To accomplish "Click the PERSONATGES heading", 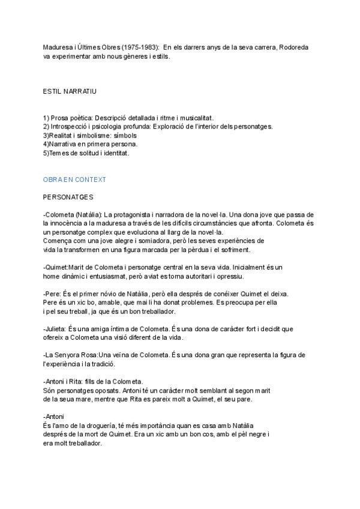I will tap(68, 197).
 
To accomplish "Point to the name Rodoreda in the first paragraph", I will tap(292, 47).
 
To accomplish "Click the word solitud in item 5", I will tap(90, 153).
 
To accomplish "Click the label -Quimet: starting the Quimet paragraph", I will tap(56, 267).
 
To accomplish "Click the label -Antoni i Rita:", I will tap(67, 381).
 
